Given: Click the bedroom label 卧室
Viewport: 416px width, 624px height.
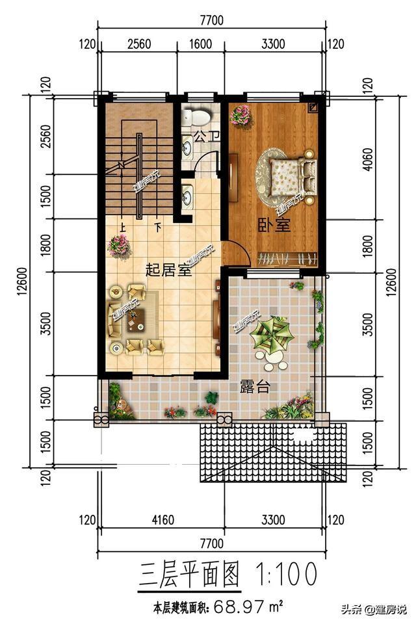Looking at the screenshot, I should (x=274, y=226).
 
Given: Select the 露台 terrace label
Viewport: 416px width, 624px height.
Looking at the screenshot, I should (x=255, y=387).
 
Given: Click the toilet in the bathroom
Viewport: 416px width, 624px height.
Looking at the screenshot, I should (x=196, y=118).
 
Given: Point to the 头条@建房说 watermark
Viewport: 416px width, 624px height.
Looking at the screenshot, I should (x=376, y=609).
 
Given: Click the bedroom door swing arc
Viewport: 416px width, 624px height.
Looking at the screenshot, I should (x=238, y=253).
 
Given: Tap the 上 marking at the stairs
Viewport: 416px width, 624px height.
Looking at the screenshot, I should (x=122, y=227).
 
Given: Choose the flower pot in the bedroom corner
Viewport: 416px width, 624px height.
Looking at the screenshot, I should (x=241, y=115).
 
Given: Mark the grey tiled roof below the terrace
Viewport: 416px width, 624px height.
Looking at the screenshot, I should (x=273, y=452).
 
